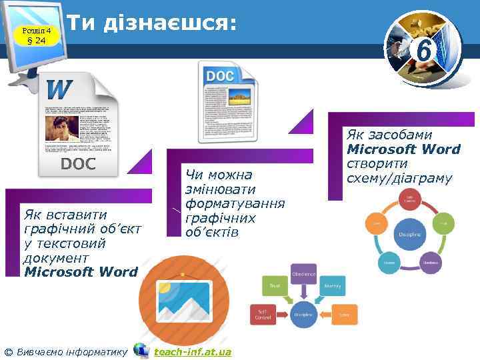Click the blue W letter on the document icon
(x=60, y=88)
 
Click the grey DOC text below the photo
(x=78, y=164)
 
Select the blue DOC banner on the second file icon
(x=219, y=76)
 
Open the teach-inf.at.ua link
(x=193, y=351)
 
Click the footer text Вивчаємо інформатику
(x=71, y=351)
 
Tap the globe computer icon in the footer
(x=141, y=350)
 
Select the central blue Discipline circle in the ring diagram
(x=409, y=234)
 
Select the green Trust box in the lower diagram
(x=274, y=285)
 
